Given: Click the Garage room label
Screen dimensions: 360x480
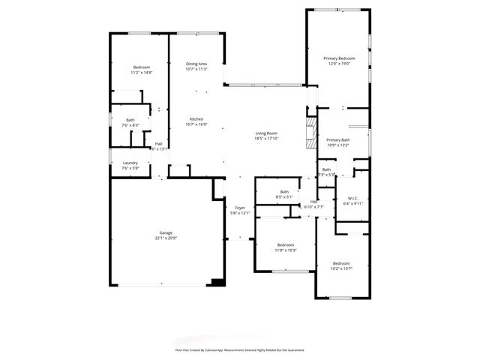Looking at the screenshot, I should (166, 232).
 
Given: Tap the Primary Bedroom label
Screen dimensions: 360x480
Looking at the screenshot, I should (339, 58).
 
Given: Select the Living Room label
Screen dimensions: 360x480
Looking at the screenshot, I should (266, 133).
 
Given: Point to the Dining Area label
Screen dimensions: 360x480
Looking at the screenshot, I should (196, 64).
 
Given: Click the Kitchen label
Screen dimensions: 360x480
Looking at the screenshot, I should (196, 120).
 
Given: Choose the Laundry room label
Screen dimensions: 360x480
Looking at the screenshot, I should (130, 163).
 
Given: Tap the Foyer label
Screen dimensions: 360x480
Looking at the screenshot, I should (240, 208).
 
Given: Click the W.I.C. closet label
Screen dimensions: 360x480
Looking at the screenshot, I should (352, 198).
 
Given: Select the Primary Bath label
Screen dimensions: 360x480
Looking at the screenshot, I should (338, 140).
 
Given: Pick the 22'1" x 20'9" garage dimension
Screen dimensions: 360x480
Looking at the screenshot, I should (166, 238).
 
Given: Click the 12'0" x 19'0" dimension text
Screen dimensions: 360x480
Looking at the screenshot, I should (339, 64).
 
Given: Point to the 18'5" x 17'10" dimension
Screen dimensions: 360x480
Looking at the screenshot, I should (266, 138).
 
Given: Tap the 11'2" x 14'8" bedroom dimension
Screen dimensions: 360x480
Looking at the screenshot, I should (142, 73).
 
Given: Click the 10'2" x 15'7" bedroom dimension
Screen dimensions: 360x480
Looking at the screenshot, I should (341, 268).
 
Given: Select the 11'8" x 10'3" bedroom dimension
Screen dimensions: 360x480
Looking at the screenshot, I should (286, 250).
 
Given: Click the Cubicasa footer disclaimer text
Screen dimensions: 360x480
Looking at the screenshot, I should (240, 349).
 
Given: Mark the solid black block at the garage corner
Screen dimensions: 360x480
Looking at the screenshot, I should (217, 283).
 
